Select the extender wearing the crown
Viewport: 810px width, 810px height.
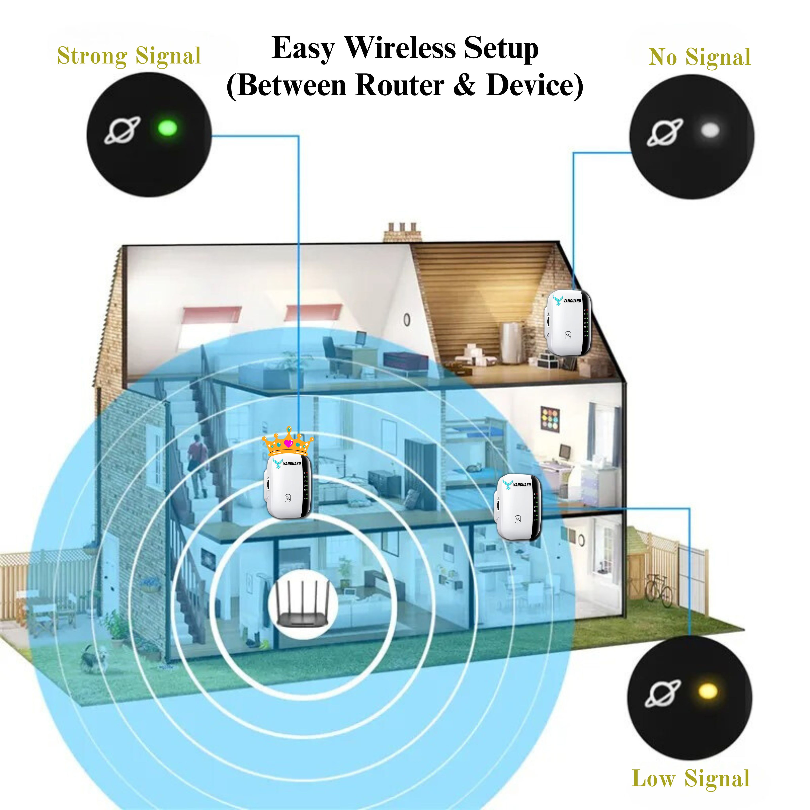[289, 486]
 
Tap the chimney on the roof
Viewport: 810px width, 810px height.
[402, 232]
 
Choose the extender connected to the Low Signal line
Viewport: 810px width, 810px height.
[519, 506]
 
